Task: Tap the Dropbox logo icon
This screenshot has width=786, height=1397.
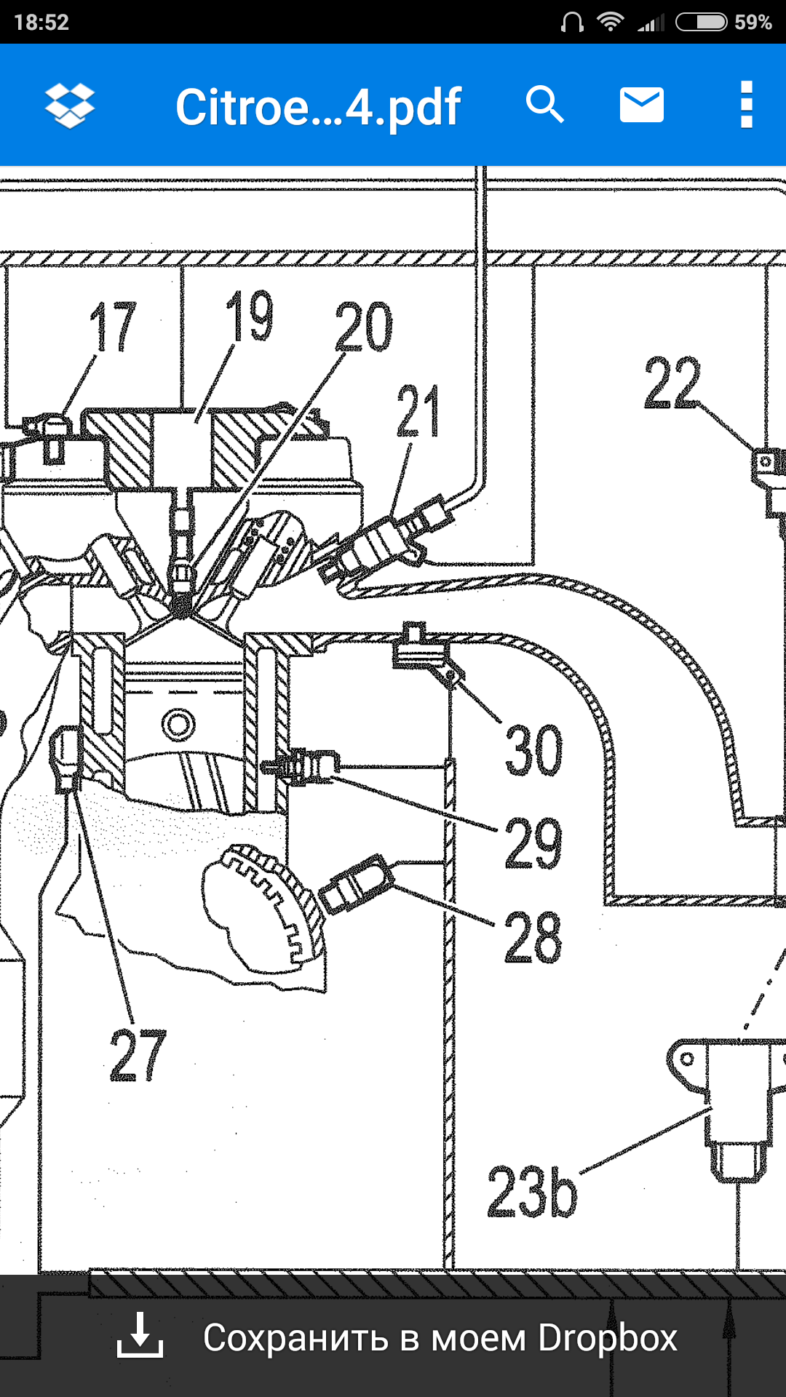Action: click(70, 106)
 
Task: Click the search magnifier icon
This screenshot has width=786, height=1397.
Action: click(545, 105)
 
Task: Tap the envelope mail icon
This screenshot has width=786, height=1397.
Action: click(641, 105)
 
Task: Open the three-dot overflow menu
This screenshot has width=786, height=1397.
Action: click(746, 105)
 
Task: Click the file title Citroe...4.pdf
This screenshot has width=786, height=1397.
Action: click(318, 107)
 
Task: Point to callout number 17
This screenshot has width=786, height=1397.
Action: click(113, 327)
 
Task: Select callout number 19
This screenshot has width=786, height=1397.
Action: click(250, 316)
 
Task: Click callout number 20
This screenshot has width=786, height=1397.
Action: click(363, 327)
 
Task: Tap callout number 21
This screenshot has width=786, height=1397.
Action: click(418, 412)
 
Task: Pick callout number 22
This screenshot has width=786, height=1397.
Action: click(672, 383)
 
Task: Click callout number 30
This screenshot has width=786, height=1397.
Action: click(533, 750)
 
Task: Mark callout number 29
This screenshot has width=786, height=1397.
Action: click(533, 843)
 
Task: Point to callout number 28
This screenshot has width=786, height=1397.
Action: click(533, 938)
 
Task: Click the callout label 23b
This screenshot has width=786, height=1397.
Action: click(532, 1193)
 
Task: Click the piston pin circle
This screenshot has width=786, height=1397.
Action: click(178, 725)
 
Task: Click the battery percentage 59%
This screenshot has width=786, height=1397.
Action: click(753, 23)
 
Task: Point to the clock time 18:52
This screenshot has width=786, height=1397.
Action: click(41, 23)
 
